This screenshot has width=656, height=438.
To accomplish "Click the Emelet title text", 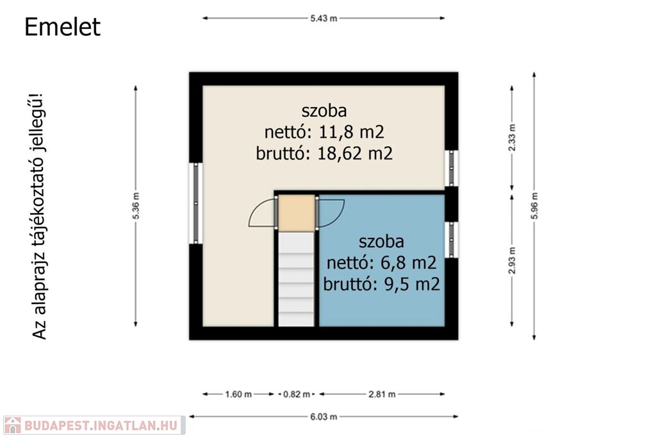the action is click(x=62, y=27).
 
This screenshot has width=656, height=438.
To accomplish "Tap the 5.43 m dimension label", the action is click(x=324, y=19).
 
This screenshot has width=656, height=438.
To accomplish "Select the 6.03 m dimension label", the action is click(x=324, y=417).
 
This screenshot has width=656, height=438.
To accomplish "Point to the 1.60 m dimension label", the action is click(x=238, y=394).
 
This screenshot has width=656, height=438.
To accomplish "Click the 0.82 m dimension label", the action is click(x=297, y=394).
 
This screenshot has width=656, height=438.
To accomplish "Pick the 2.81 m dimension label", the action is click(x=382, y=394).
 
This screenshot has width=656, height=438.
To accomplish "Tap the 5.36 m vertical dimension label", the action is click(x=136, y=206).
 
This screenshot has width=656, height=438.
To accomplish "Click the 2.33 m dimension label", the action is click(x=512, y=137).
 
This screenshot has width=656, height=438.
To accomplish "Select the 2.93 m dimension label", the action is click(x=512, y=260).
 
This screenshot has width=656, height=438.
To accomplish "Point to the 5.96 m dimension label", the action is click(x=534, y=206).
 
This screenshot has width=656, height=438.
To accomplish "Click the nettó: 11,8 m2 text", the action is click(x=324, y=132).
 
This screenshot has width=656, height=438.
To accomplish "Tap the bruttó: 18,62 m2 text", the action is click(x=324, y=153).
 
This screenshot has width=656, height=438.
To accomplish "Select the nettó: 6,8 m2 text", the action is click(x=382, y=262).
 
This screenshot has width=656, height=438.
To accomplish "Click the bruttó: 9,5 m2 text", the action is click(x=382, y=284).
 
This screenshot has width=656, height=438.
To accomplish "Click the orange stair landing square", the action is click(x=297, y=213).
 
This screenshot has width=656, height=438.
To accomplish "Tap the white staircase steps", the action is click(x=296, y=280).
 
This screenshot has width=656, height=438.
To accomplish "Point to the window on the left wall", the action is click(x=196, y=203).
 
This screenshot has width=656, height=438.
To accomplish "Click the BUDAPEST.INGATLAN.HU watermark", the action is click(x=94, y=425).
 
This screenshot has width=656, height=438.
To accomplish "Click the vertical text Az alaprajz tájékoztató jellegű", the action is click(x=38, y=216).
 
